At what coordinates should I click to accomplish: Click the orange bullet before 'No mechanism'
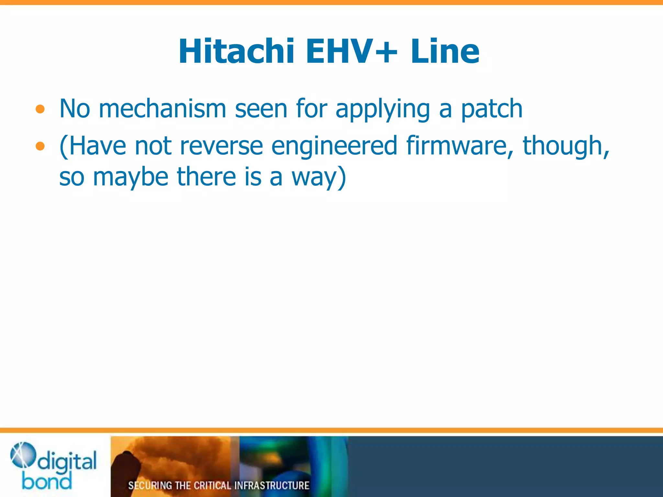point(40,109)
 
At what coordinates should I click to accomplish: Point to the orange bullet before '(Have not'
point(40,146)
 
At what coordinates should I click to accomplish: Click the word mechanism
point(162,109)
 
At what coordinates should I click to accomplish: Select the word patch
point(491,109)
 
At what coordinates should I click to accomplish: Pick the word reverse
point(221,146)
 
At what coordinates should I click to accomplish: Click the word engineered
point(334,146)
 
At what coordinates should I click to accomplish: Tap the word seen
point(261,109)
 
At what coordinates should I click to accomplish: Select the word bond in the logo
point(47,481)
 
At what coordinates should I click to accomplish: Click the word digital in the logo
point(67,461)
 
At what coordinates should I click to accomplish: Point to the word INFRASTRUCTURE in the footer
point(272,485)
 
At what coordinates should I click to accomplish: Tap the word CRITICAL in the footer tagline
point(212,485)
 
